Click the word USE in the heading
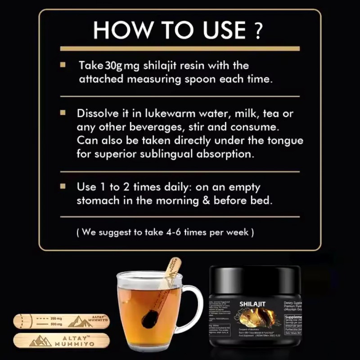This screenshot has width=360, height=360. tap(216, 30)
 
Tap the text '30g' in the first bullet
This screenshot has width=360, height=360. tap(112, 66)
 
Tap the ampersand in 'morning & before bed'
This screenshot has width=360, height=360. tap(206, 200)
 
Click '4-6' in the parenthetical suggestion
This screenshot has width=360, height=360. tap(186, 233)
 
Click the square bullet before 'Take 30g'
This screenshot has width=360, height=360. tap(63, 66)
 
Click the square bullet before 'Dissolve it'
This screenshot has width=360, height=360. tap(63, 112)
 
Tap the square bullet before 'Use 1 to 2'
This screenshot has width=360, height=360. tap(63, 186)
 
